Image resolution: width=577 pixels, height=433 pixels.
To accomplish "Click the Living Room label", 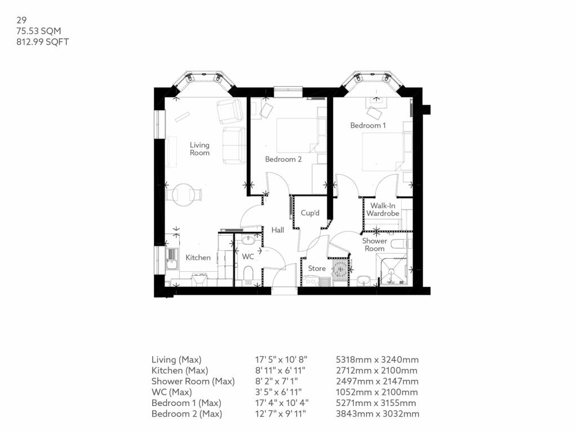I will click(199, 149).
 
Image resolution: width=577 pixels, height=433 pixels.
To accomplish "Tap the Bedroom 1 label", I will click(368, 125).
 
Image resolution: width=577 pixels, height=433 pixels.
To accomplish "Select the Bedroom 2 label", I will click(283, 160).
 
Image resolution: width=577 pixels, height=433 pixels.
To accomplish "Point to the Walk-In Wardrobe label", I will click(383, 210).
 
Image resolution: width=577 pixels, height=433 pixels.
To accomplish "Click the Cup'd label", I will click(310, 213).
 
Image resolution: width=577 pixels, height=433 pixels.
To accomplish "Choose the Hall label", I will click(277, 230).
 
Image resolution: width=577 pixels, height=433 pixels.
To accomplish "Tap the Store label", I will click(317, 268).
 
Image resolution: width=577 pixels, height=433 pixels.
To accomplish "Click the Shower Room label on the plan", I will click(374, 245).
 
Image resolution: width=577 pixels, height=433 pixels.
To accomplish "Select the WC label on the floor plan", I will click(248, 257).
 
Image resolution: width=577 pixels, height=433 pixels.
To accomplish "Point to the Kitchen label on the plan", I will click(198, 258).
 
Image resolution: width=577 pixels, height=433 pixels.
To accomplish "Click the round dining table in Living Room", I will click(184, 195).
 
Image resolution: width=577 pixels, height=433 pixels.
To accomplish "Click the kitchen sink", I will click(172, 261).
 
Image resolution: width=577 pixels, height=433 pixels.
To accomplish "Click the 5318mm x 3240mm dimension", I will click(377, 360).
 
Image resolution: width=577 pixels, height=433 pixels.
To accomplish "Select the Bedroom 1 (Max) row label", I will click(186, 403).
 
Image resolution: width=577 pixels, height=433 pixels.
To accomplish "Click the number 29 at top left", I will click(21, 19).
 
